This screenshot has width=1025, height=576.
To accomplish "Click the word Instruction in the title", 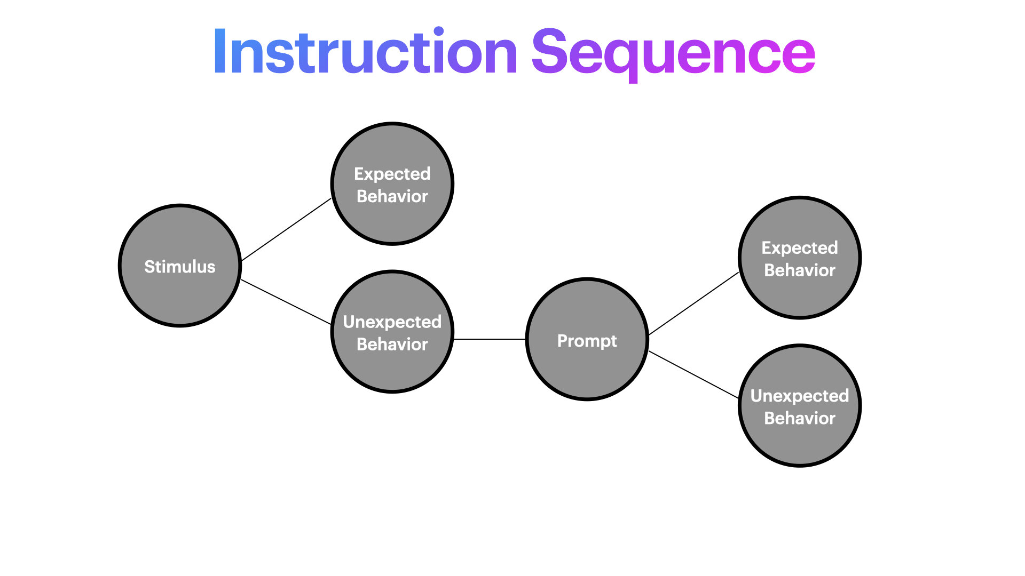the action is point(366,51).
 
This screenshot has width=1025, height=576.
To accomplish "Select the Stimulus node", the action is point(180,266).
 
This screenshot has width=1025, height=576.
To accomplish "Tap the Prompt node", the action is point(587,339).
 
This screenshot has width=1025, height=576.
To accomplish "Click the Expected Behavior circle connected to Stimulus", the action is point(392,184).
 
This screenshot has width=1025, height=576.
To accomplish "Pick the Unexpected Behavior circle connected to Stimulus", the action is point(392,332).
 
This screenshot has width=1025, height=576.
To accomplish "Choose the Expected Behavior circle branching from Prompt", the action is point(800,258).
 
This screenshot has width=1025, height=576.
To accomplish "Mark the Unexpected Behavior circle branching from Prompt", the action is point(800,406).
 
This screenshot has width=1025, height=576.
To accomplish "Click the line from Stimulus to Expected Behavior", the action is point(287,229).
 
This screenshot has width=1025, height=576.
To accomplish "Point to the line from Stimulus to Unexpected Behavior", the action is point(286,302).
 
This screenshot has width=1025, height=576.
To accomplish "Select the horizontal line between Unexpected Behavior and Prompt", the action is point(490,339).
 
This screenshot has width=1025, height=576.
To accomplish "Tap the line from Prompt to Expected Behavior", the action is point(694,303).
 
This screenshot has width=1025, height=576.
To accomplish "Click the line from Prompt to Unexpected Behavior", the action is point(693,375).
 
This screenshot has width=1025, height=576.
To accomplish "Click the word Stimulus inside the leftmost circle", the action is point(180,267).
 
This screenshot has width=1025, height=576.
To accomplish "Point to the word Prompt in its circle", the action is point(587,341).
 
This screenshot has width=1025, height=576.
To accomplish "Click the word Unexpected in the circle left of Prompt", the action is point(392,322).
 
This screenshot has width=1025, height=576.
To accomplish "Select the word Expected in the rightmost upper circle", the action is point(800,248).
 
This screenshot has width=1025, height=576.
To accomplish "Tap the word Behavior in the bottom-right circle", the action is point(800,418).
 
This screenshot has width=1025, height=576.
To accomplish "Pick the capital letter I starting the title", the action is point(219,51).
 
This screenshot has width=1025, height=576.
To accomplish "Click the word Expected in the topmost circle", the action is point(392,174).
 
